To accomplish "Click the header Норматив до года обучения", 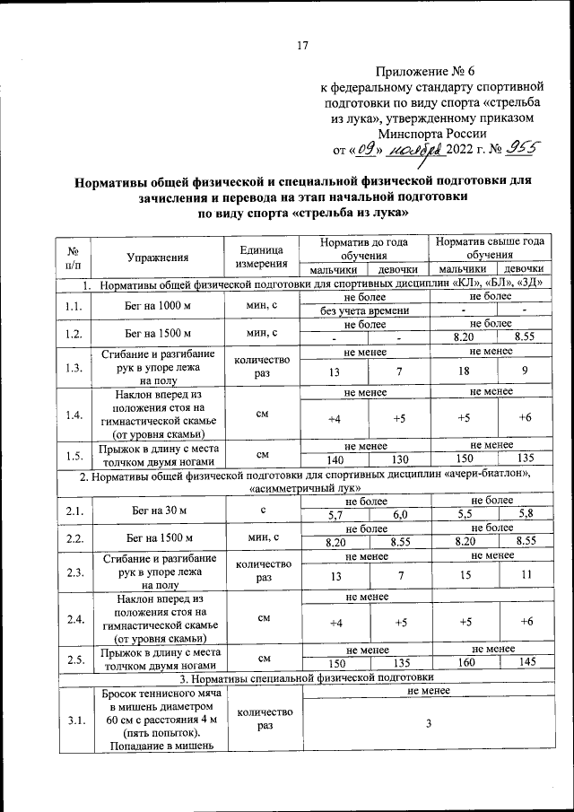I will tap(365, 249).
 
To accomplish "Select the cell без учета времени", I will tap(365, 311).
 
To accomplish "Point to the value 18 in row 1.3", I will tap(465, 371).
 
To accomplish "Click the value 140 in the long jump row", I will tap(333, 458).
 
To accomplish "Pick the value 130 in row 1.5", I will tap(398, 458).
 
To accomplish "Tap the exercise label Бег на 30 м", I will tap(158, 511).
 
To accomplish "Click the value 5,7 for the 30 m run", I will tap(334, 515).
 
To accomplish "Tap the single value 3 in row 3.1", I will tap(429, 725).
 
